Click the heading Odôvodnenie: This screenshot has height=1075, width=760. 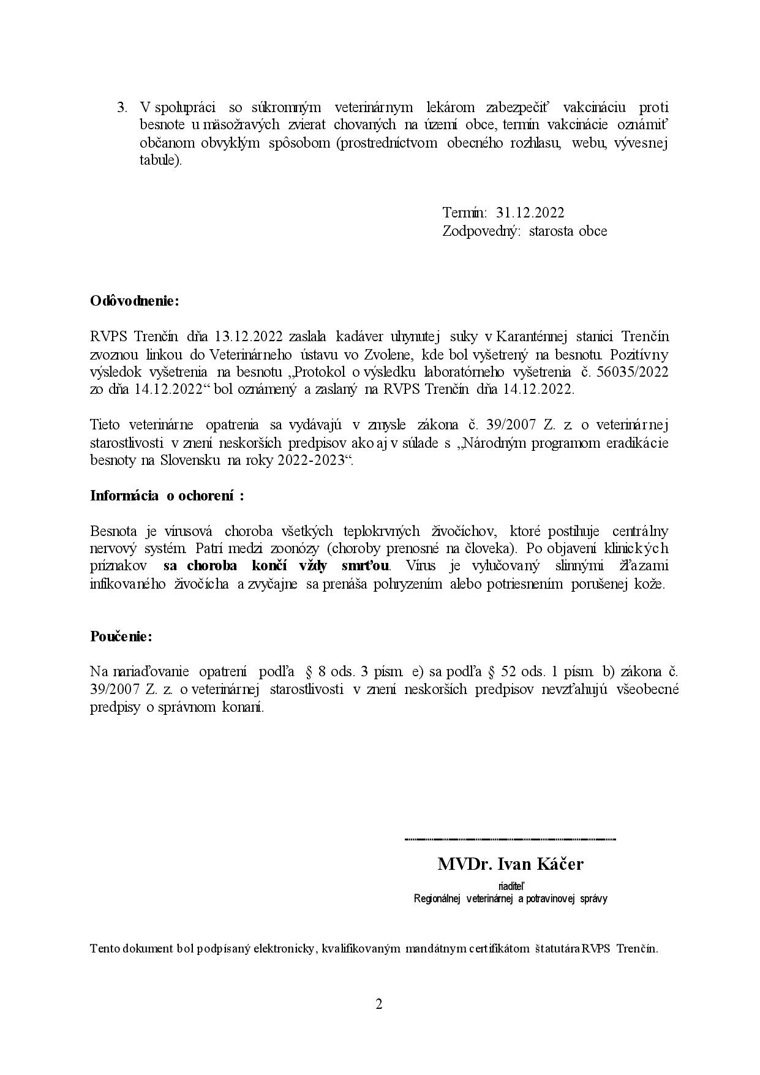135,301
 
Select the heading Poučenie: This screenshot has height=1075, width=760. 121,636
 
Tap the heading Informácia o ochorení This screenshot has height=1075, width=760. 167,496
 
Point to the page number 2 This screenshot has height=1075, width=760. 379,1004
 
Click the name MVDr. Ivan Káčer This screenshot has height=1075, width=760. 510,864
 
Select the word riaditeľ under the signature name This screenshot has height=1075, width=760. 510,886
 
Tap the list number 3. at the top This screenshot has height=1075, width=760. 122,108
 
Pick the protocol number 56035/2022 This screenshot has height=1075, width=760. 633,372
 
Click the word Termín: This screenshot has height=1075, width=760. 464,213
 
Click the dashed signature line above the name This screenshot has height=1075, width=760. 510,839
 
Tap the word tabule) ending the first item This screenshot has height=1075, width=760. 160,161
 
